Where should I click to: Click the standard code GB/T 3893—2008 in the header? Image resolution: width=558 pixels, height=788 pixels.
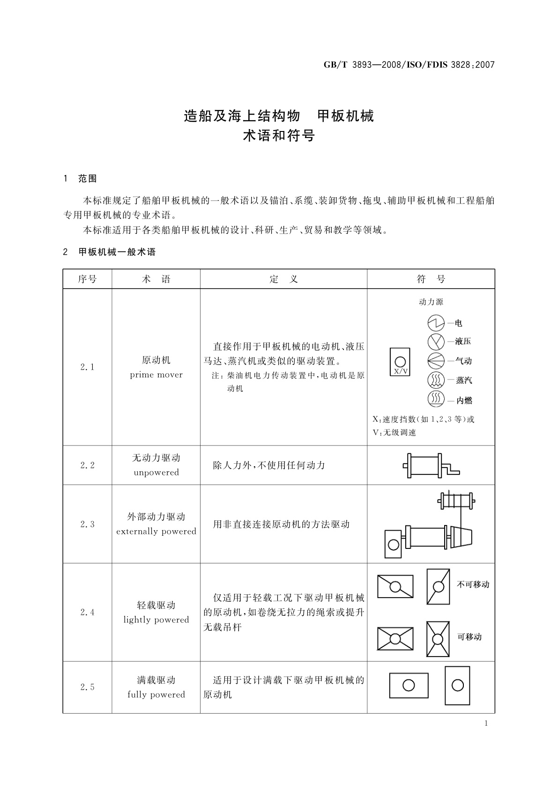pyautogui.click(x=362, y=65)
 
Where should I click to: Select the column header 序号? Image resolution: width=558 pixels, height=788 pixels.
pyautogui.click(x=87, y=279)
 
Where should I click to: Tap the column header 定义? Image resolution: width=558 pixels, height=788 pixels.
pyautogui.click(x=283, y=279)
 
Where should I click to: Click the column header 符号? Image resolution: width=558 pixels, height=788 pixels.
pyautogui.click(x=431, y=279)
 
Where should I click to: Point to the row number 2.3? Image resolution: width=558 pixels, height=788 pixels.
pyautogui.click(x=87, y=524)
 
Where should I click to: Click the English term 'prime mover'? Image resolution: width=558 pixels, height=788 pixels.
pyautogui.click(x=156, y=375)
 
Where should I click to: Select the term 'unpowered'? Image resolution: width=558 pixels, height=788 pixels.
pyautogui.click(x=156, y=473)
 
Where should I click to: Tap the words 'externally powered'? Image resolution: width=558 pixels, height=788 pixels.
pyautogui.click(x=156, y=532)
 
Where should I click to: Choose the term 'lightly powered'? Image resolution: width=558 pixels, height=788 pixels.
pyautogui.click(x=156, y=620)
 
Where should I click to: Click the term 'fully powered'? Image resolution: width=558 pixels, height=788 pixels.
pyautogui.click(x=156, y=695)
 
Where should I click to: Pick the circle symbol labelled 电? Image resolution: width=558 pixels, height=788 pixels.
pyautogui.click(x=436, y=323)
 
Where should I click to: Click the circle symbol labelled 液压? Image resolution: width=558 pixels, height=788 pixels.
pyautogui.click(x=436, y=342)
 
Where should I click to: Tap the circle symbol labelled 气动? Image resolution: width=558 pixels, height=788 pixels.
pyautogui.click(x=436, y=361)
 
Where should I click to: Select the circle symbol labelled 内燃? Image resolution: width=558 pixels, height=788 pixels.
pyautogui.click(x=436, y=399)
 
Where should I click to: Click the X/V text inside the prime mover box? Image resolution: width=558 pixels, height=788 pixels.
pyautogui.click(x=401, y=371)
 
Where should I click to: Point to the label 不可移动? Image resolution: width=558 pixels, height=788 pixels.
pyautogui.click(x=473, y=584)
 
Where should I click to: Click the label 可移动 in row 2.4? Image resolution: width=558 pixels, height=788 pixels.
pyautogui.click(x=469, y=637)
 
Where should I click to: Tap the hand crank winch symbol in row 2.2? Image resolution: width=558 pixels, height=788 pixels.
pyautogui.click(x=430, y=465)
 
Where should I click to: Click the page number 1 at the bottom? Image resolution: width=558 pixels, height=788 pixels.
pyautogui.click(x=486, y=723)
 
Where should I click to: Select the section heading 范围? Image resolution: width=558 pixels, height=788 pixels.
pyautogui.click(x=88, y=179)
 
